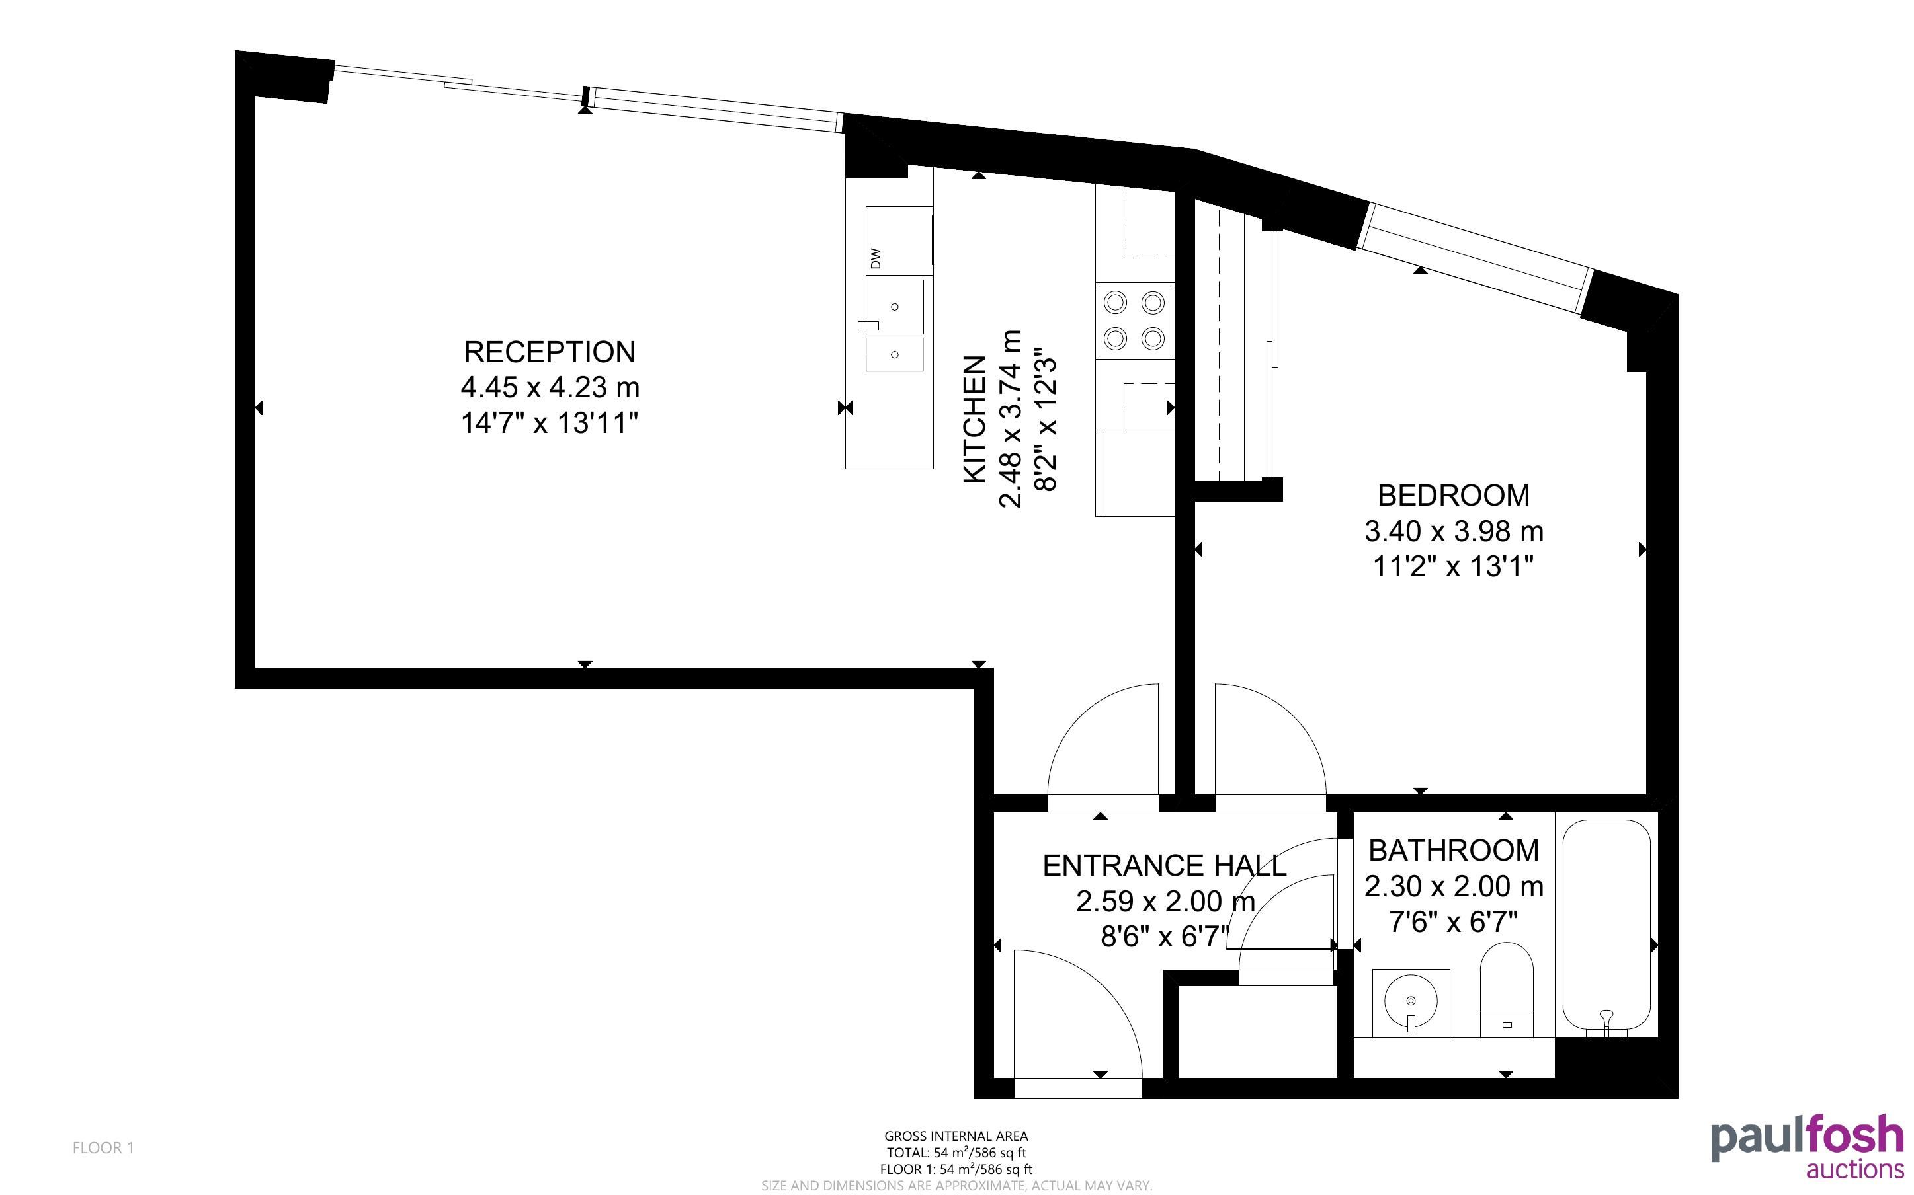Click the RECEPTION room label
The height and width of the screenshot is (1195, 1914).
550,352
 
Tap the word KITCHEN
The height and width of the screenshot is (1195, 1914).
975,419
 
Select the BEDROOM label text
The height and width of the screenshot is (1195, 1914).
1453,496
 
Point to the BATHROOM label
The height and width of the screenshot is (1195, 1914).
1453,851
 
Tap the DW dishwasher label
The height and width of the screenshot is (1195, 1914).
875,258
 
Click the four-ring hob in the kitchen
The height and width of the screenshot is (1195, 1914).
1134,320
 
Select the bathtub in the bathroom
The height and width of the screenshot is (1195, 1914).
1606,927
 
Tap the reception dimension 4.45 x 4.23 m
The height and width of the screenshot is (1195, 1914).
550,387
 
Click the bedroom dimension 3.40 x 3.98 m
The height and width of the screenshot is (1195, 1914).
1453,531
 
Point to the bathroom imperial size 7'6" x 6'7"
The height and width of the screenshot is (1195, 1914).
1453,921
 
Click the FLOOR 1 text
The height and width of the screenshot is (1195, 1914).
104,1147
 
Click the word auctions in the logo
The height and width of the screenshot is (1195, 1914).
1854,1169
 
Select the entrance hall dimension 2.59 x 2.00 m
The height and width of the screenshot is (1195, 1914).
1165,902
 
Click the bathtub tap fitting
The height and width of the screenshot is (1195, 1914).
1606,1020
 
